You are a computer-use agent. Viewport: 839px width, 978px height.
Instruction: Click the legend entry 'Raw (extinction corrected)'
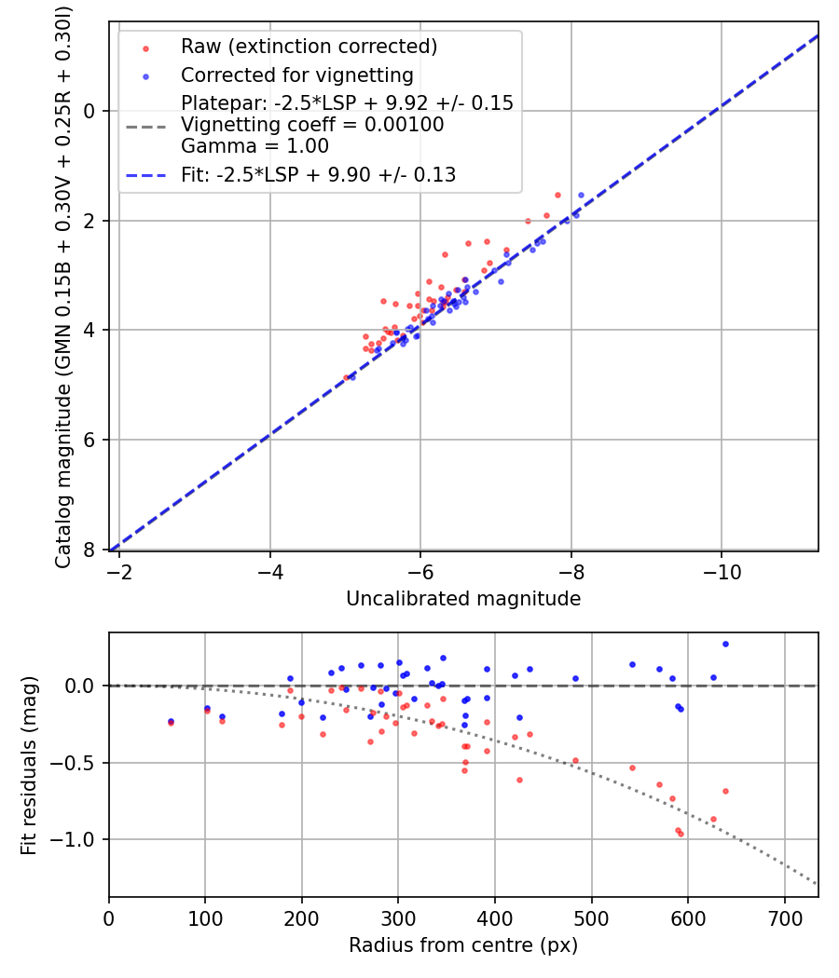click(x=309, y=47)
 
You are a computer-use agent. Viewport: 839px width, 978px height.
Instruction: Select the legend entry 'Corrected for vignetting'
click(x=296, y=75)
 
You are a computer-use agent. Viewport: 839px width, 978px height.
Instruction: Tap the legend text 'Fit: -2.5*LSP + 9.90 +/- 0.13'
click(x=318, y=175)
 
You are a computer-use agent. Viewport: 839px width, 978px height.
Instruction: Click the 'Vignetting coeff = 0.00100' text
click(x=312, y=125)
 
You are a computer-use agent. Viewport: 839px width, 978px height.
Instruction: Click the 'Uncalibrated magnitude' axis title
click(x=463, y=599)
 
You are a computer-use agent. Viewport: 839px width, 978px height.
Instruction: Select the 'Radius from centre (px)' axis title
click(x=463, y=945)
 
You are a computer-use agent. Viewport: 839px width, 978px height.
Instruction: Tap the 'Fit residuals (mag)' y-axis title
click(x=29, y=765)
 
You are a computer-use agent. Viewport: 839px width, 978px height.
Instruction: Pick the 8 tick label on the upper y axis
click(x=90, y=550)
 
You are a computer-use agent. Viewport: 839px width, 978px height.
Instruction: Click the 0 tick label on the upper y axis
click(x=90, y=111)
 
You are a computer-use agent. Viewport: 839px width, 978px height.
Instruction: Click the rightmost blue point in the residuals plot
click(x=725, y=644)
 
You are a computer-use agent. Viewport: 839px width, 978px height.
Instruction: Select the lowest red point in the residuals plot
click(x=681, y=834)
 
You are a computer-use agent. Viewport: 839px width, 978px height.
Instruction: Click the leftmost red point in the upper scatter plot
click(x=346, y=377)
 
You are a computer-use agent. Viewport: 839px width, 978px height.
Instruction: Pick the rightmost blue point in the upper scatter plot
click(x=581, y=196)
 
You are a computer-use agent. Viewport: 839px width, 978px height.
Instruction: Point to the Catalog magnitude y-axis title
click(x=63, y=286)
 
